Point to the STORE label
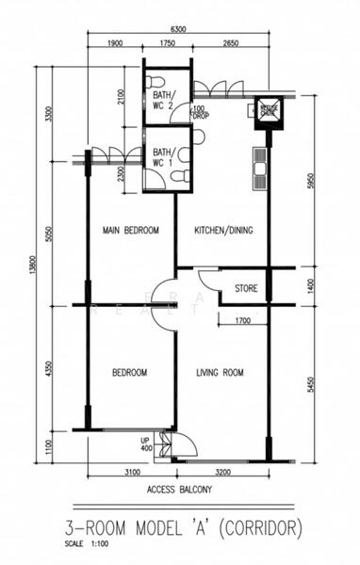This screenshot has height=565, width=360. coord(246,289)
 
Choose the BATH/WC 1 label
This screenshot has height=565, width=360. coord(162,156)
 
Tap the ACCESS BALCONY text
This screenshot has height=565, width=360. coord(179,491)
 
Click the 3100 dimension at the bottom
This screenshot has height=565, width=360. coord(131,471)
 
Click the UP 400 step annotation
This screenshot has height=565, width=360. coord(146,444)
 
